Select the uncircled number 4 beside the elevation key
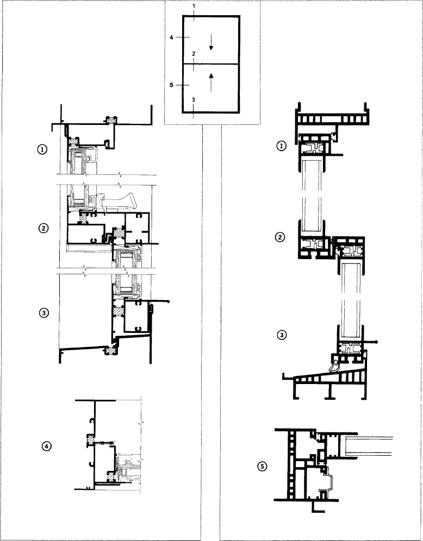(171, 37)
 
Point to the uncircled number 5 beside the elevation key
(171, 85)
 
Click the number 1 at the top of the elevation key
(194, 7)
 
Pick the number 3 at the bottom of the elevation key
(194, 99)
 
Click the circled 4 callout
(47, 446)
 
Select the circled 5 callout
(262, 467)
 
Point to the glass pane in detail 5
(368, 445)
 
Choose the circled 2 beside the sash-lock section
(43, 229)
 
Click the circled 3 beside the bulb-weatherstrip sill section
(282, 335)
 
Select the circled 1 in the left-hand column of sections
(42, 149)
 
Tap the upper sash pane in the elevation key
(211, 40)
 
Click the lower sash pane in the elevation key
(211, 88)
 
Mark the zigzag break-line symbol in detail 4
(141, 422)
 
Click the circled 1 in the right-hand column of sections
(282, 146)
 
